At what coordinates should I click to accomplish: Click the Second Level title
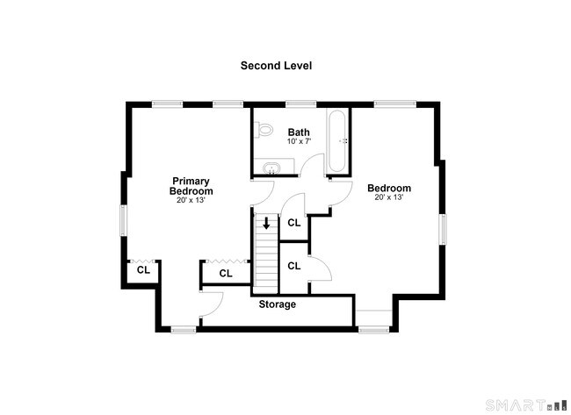(276, 66)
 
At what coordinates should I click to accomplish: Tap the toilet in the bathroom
(264, 130)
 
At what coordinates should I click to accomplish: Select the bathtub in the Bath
(336, 141)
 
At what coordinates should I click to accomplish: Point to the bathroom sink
(271, 168)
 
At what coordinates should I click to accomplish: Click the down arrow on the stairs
(266, 223)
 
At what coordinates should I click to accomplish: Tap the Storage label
(277, 304)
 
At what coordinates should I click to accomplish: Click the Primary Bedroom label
(191, 186)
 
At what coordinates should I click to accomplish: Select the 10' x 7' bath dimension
(299, 141)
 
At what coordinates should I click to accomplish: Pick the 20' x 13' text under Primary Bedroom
(191, 200)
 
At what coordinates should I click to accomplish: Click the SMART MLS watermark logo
(526, 404)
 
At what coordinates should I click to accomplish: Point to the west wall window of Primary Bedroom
(124, 220)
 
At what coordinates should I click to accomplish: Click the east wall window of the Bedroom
(443, 229)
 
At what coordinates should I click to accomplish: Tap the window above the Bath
(300, 104)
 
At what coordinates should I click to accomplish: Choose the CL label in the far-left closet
(143, 270)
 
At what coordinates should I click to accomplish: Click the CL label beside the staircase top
(294, 223)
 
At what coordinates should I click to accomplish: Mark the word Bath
(299, 132)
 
